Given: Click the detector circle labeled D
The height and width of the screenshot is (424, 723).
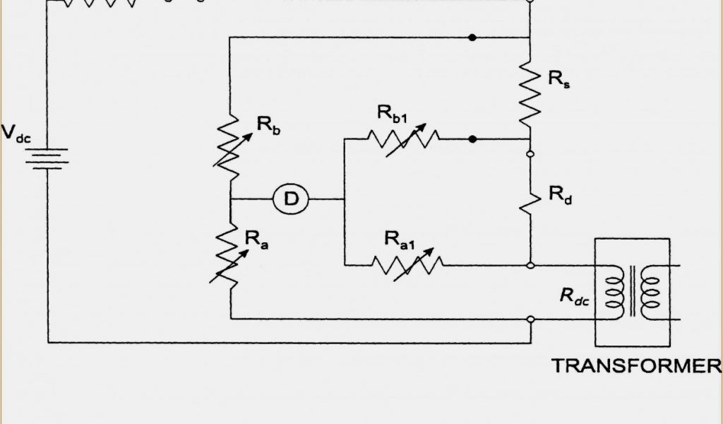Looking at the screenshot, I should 291,200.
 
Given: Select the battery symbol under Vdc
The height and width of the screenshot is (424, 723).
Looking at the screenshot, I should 48,158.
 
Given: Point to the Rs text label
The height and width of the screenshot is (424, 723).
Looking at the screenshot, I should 559,78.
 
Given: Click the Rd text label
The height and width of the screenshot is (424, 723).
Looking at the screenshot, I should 561,196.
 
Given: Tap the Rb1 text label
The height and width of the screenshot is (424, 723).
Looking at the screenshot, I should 392,113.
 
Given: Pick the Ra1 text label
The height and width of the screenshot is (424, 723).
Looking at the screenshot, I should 400,240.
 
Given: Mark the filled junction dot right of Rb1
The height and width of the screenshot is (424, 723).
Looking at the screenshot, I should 473,139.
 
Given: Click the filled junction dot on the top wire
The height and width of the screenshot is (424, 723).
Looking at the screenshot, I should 473,37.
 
